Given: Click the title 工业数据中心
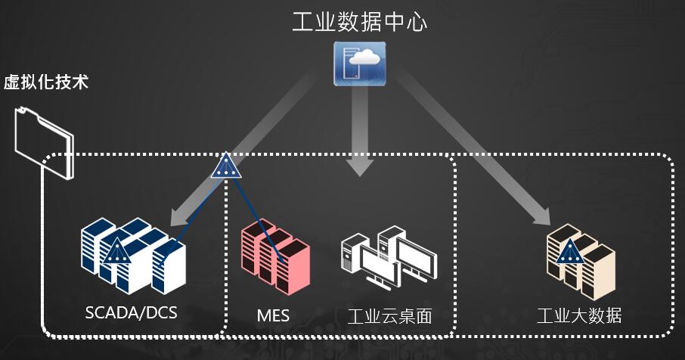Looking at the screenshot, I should [359, 21].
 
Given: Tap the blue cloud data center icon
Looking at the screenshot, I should [360, 62].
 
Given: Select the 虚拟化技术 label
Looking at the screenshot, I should [45, 82].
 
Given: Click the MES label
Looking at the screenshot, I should [273, 315].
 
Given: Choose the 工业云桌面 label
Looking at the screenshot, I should [390, 315].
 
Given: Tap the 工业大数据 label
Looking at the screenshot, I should [578, 315].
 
